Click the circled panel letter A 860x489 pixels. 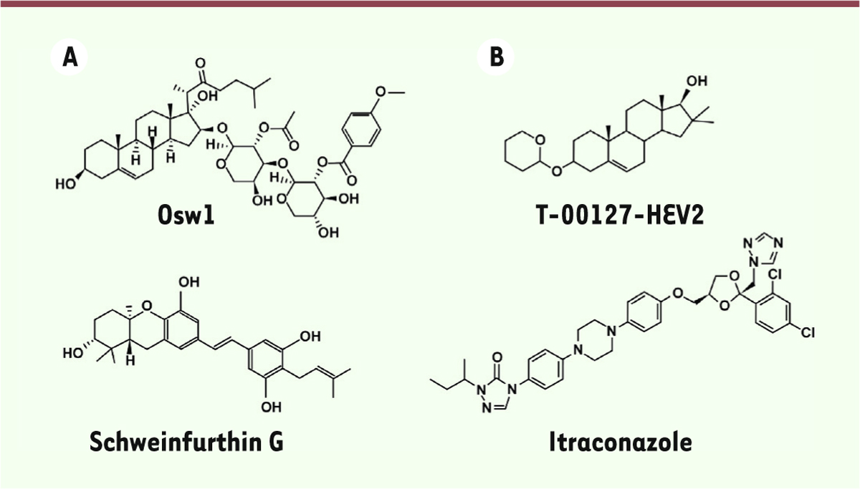click(x=70, y=57)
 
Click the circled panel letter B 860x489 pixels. click(x=496, y=57)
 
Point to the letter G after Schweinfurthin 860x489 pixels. click(x=273, y=442)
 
